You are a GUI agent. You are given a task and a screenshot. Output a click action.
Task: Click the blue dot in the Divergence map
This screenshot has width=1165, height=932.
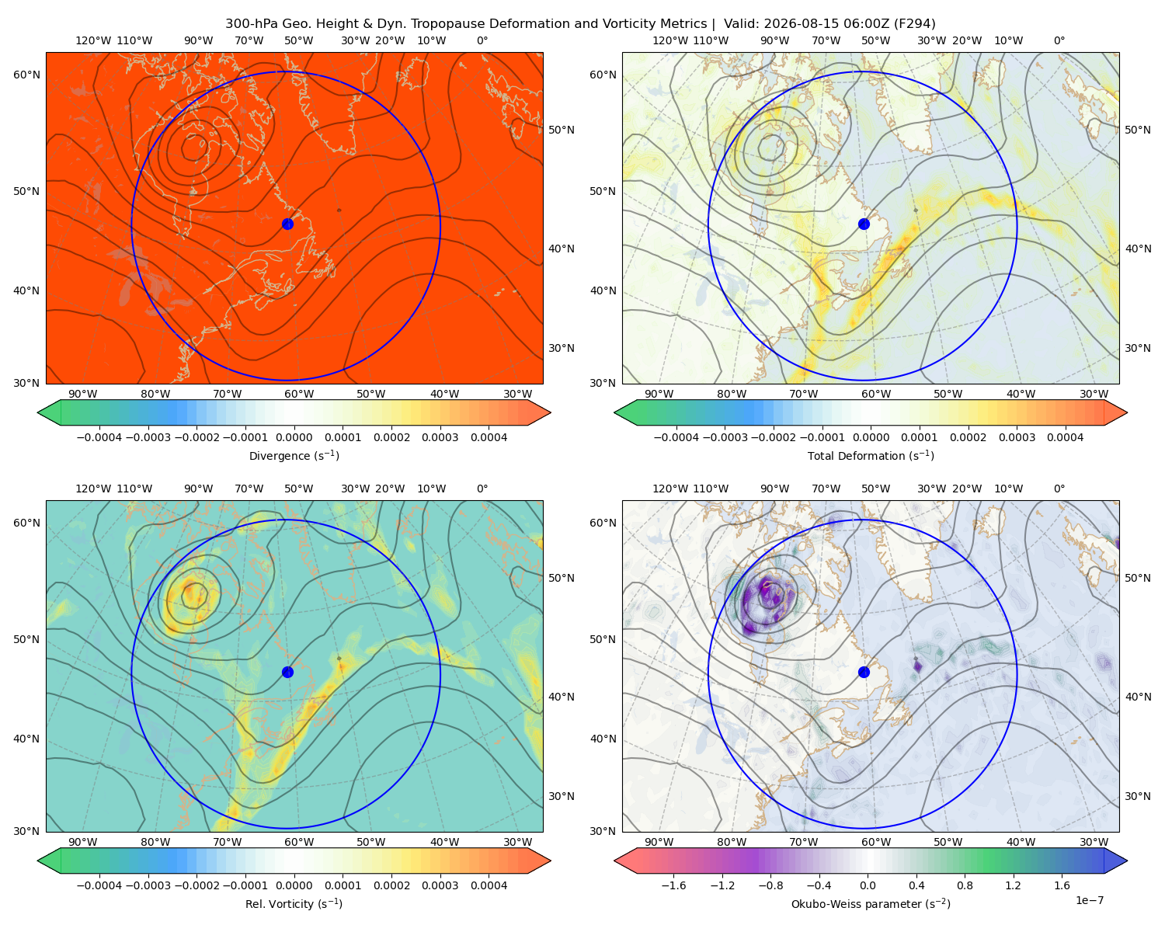[287, 224]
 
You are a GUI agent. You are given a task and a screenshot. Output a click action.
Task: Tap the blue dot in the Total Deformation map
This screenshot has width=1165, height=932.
[864, 224]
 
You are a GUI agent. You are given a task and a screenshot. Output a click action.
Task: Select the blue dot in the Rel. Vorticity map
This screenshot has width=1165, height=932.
[287, 672]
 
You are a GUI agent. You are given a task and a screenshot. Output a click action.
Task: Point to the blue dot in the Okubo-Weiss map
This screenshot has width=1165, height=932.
[864, 672]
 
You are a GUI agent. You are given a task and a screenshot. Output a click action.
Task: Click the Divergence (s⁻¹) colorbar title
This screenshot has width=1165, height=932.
[294, 455]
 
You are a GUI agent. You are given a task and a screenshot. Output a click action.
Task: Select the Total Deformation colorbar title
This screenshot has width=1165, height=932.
[871, 455]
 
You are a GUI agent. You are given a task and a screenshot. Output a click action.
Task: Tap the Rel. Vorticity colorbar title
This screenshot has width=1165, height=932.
[294, 904]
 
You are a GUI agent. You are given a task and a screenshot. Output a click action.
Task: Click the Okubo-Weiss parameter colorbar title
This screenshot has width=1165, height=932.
[871, 904]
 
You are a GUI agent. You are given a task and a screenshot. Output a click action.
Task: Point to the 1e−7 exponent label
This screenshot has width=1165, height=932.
[1089, 900]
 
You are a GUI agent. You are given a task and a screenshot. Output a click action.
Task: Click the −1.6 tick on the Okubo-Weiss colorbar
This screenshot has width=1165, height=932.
[673, 885]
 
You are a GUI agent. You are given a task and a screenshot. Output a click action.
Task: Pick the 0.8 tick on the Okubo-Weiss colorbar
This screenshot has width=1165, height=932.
[965, 885]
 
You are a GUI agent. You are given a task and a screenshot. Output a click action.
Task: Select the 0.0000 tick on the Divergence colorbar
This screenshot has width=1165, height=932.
[294, 437]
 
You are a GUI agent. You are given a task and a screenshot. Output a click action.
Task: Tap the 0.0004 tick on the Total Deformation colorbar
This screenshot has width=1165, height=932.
[1065, 437]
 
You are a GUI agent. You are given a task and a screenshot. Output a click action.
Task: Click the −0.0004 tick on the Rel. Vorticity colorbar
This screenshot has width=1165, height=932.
[99, 885]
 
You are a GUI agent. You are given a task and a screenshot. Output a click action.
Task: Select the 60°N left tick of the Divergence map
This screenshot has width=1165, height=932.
[26, 75]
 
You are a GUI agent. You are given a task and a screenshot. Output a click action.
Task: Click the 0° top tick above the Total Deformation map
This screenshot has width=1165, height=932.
[1059, 40]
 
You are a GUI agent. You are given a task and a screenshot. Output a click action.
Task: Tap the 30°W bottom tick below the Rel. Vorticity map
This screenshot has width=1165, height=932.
[517, 842]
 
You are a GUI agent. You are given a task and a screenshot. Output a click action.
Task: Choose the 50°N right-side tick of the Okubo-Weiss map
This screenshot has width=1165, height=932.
[1138, 578]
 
